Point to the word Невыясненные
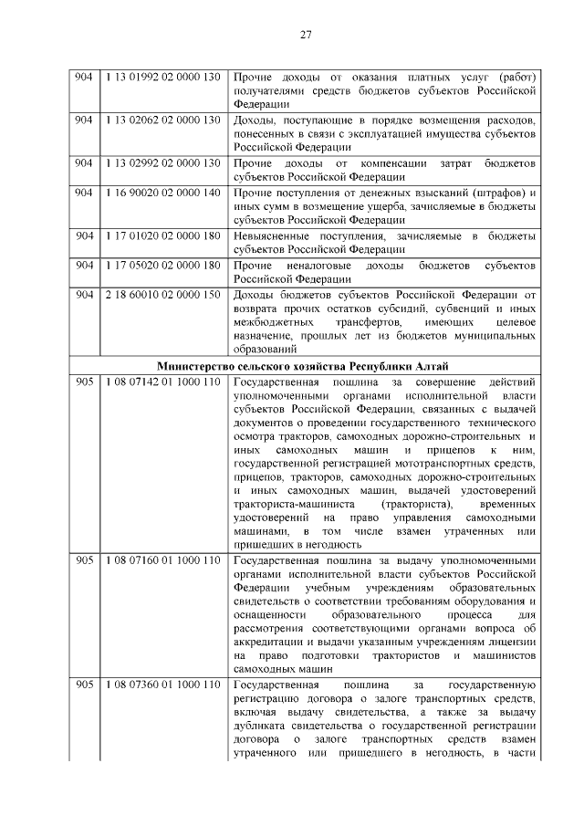275,236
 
